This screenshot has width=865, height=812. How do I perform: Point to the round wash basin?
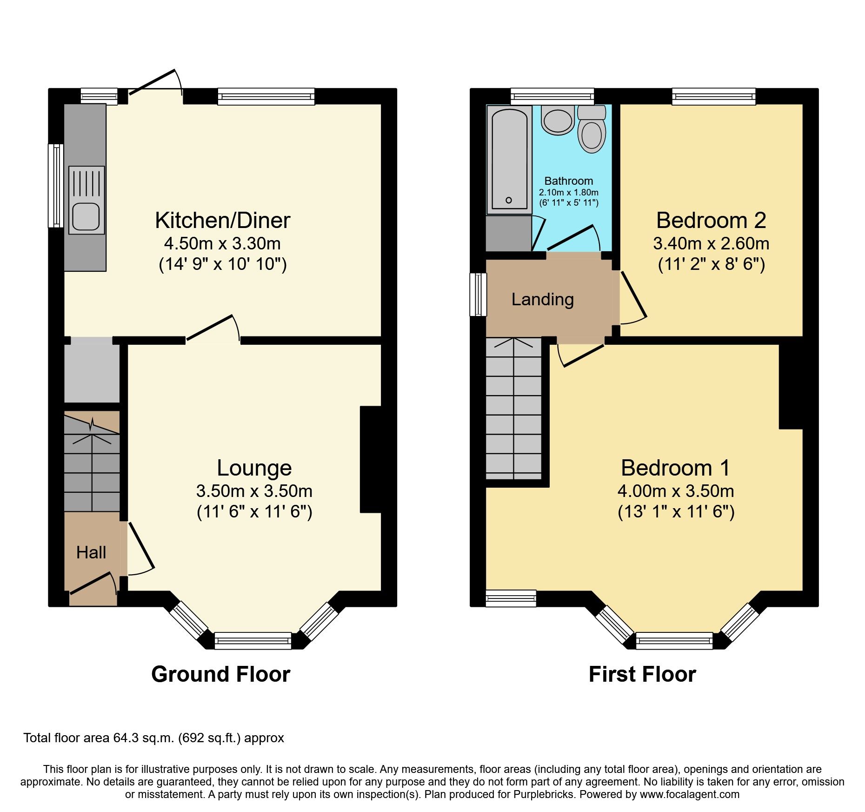pyautogui.click(x=558, y=120)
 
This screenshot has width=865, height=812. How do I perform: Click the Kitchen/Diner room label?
pyautogui.click(x=222, y=221)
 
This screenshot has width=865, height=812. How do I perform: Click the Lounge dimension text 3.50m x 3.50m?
pyautogui.click(x=254, y=491)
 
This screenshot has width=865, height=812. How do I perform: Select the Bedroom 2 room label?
pyautogui.click(x=711, y=221)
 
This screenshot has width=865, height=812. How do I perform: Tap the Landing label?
pyautogui.click(x=542, y=299)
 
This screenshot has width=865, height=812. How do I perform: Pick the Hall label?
pyautogui.click(x=91, y=552)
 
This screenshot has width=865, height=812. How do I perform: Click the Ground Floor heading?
pyautogui.click(x=220, y=674)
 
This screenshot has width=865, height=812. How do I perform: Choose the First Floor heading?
pyautogui.click(x=642, y=674)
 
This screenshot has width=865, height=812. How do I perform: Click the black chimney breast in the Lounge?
pyautogui.click(x=371, y=459)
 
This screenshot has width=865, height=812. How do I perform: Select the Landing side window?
pyautogui.click(x=478, y=295)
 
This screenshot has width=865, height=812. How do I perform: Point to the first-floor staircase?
pyautogui.click(x=513, y=409)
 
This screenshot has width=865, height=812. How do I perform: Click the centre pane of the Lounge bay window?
pyautogui.click(x=253, y=640)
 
